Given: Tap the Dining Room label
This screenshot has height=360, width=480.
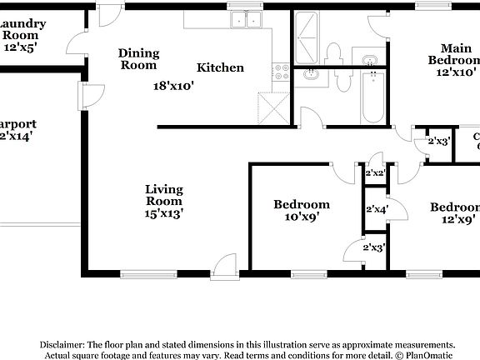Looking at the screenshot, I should [137, 58].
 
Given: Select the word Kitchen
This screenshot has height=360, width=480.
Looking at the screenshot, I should [220, 67].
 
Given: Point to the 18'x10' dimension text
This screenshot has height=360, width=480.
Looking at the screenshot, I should [173, 85].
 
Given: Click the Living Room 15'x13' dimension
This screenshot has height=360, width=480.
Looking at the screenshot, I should [163, 212].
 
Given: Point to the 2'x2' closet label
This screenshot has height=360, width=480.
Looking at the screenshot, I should [374, 173].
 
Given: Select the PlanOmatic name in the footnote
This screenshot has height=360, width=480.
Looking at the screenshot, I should [426, 355].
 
